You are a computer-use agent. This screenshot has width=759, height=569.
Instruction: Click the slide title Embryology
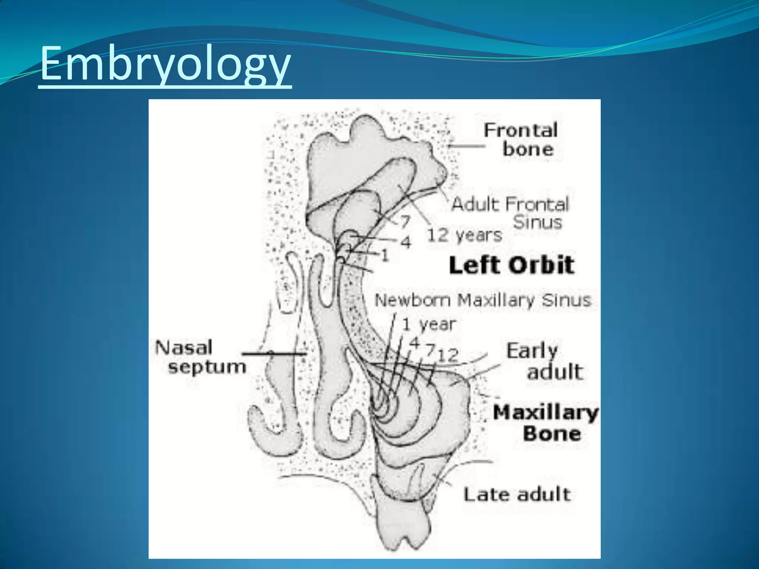[x=165, y=63]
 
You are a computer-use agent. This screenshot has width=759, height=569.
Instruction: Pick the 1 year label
[x=429, y=324]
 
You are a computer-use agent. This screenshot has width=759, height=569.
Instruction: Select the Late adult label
[x=517, y=494]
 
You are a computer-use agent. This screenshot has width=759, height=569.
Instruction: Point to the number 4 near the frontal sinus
[x=406, y=242]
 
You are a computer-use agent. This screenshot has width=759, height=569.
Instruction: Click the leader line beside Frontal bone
[x=466, y=146]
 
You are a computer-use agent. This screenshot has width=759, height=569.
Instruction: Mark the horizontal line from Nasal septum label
[x=274, y=354]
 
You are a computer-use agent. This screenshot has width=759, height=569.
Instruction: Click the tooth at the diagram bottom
[x=402, y=519]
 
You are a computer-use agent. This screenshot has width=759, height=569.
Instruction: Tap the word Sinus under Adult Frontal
[x=538, y=222]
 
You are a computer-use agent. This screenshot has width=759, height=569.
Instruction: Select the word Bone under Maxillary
[x=552, y=433]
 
